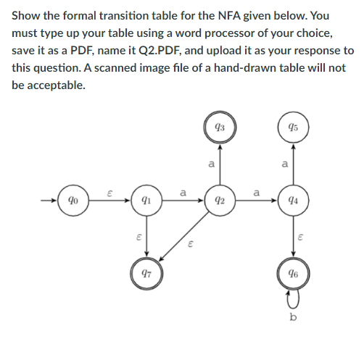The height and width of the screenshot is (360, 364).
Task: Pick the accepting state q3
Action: click(x=220, y=127)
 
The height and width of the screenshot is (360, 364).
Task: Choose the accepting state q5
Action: click(x=294, y=127)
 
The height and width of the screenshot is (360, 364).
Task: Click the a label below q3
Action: click(x=211, y=164)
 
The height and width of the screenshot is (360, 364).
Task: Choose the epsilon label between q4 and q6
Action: click(x=303, y=237)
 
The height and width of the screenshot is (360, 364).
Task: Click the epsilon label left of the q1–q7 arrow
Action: click(x=137, y=237)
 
